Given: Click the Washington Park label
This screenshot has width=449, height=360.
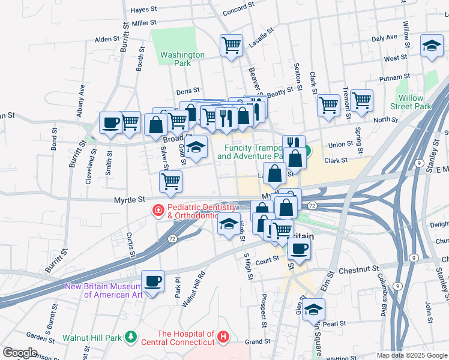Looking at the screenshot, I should (x=182, y=59).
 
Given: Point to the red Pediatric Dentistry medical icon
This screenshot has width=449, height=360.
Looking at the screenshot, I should (x=158, y=210).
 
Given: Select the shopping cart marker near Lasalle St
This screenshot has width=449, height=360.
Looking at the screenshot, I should (x=231, y=45).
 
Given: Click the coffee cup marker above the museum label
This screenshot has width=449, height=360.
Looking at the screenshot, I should (x=152, y=281).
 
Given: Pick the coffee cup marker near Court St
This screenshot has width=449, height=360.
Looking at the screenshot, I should (x=299, y=248).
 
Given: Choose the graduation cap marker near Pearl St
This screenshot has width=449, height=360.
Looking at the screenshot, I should (x=312, y=310).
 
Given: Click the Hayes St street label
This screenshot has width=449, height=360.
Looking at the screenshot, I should (x=143, y=10).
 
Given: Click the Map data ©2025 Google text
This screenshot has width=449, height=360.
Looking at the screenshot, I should (x=411, y=355).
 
